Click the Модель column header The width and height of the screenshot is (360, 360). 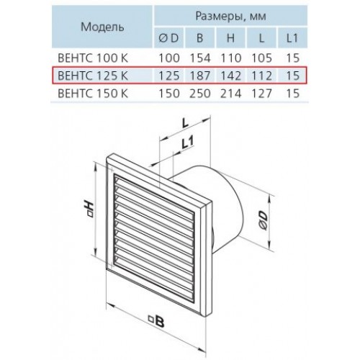tap(102, 27)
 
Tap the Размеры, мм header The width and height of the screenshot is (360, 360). tap(231, 17)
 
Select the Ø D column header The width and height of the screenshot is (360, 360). tap(168, 38)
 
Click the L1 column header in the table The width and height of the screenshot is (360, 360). tap(292, 38)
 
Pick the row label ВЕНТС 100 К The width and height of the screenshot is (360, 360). tap(93, 58)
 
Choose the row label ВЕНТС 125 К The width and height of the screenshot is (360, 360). tap(93, 76)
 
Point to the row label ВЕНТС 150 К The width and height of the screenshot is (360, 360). tap(93, 94)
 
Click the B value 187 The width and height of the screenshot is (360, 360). tap(200, 76)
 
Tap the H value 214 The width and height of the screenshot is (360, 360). tap(230, 94)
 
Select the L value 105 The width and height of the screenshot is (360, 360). tap(262, 58)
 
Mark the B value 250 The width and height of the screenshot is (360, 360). tap(200, 94)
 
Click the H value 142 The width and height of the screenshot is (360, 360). tap(230, 76)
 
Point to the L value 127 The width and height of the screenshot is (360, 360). tap(262, 94)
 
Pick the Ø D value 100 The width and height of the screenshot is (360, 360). tap(169, 58)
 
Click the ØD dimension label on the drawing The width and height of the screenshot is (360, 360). tap(263, 220)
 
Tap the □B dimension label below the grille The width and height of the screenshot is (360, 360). tap(156, 321)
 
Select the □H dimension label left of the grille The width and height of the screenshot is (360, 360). tap(88, 210)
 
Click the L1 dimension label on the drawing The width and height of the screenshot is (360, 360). tap(187, 143)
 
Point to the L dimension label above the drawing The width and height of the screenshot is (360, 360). tap(185, 123)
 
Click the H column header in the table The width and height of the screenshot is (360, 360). tap(230, 38)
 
